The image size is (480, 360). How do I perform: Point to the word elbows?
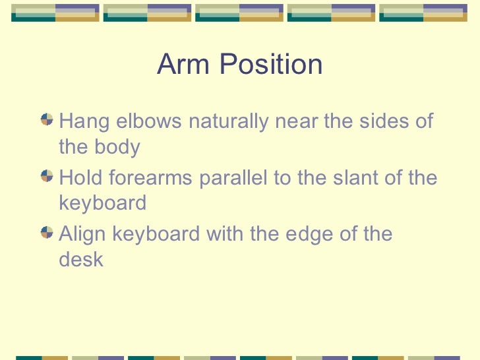pyautogui.click(x=144, y=121)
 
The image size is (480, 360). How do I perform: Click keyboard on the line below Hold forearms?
pyautogui.click(x=102, y=203)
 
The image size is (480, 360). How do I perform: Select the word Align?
pyautogui.click(x=82, y=235)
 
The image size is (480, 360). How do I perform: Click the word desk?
pyautogui.click(x=81, y=259)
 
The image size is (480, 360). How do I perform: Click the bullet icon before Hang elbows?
pyautogui.click(x=47, y=120)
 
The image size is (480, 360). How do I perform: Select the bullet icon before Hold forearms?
pyautogui.click(x=47, y=176)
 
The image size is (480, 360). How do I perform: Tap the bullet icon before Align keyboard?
pyautogui.click(x=47, y=232)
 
